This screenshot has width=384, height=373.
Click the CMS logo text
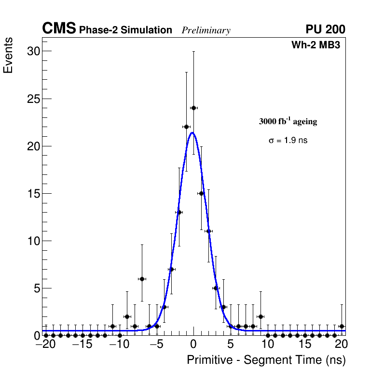pyautogui.click(x=59, y=29)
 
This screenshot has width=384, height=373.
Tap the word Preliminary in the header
pyautogui.click(x=206, y=30)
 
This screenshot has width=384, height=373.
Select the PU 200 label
pyautogui.click(x=325, y=29)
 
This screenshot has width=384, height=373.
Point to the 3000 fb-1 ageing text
pyautogui.click(x=288, y=121)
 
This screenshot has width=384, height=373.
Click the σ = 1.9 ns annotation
pyautogui.click(x=288, y=141)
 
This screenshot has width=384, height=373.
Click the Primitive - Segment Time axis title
pyautogui.click(x=266, y=360)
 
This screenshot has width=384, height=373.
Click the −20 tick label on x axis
pyautogui.click(x=45, y=344)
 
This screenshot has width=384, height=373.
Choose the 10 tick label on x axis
pyautogui.click(x=267, y=344)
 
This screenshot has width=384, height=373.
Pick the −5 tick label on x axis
pyautogui.click(x=156, y=344)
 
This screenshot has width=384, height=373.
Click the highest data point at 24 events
pyautogui.click(x=193, y=108)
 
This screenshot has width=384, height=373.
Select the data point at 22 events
pyautogui.click(x=186, y=127)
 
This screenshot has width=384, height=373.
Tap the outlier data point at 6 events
pyautogui.click(x=142, y=279)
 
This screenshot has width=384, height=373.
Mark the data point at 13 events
pyautogui.click(x=179, y=212)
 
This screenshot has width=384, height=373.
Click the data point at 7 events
pyautogui.click(x=171, y=269)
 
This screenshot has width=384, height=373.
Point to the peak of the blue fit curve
pyautogui.click(x=192, y=132)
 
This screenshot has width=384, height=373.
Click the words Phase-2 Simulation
pyautogui.click(x=125, y=30)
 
